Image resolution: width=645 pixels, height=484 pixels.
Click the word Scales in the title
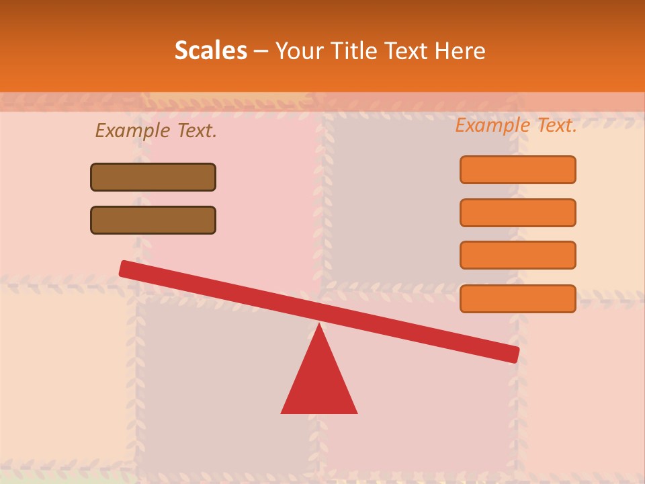tap(210, 50)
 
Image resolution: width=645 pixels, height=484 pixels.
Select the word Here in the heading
tap(460, 50)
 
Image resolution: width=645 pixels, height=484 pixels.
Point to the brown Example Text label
tap(156, 130)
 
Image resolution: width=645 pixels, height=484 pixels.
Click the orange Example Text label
tap(516, 125)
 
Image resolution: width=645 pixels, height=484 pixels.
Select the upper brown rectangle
tap(153, 177)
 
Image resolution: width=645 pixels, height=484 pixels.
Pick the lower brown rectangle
tap(153, 220)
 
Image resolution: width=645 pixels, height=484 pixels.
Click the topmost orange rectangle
tap(518, 169)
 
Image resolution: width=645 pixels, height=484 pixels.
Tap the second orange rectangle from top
tap(518, 212)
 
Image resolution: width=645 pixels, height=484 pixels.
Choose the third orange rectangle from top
tap(518, 255)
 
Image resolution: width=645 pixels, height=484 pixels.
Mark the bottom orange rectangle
tap(518, 298)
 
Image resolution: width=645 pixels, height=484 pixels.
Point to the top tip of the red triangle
tap(319, 325)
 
